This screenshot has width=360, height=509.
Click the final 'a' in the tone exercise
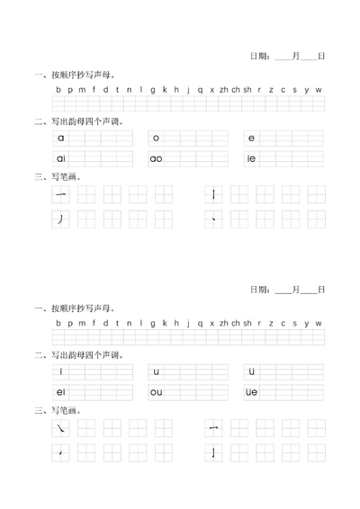tap(61, 138)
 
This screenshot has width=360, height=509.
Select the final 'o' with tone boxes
tap(156, 138)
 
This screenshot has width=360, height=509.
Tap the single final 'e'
tap(252, 138)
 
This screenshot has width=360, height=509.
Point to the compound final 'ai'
tap(61, 158)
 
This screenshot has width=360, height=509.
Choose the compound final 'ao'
tap(157, 158)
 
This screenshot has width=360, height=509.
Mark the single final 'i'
tap(61, 371)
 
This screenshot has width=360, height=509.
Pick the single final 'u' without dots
tap(156, 371)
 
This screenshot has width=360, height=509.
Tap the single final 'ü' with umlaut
tap(252, 371)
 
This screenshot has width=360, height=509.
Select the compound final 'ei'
tap(61, 391)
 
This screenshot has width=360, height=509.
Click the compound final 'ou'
tap(157, 391)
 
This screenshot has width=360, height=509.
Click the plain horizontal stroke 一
tap(61, 195)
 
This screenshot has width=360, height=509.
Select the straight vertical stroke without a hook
tap(213, 195)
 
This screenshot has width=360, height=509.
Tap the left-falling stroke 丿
tap(60, 219)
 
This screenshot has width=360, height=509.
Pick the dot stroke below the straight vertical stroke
tap(213, 219)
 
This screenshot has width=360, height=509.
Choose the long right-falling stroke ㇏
tap(61, 429)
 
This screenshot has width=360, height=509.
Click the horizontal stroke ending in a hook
tap(213, 429)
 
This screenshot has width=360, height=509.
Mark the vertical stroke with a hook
tap(213, 452)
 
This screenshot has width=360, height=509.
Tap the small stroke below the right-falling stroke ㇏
tap(60, 452)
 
